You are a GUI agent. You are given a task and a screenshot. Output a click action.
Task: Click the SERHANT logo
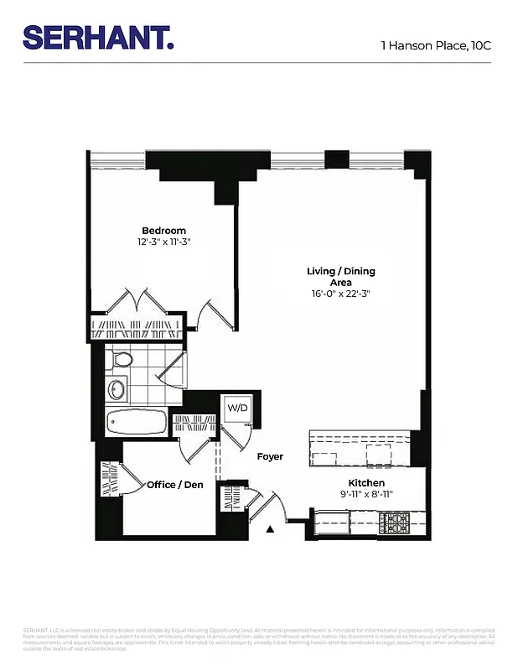[x=98, y=37]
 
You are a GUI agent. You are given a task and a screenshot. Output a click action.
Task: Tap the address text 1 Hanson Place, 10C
[x=435, y=44]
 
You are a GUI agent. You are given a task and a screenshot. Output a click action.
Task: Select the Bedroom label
[x=163, y=231]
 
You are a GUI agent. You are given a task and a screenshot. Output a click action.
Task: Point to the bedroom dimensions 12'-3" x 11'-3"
[x=163, y=242]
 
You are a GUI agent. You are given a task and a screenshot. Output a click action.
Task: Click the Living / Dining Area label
[x=340, y=277]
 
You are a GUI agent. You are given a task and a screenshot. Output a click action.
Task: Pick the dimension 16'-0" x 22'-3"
[x=340, y=294]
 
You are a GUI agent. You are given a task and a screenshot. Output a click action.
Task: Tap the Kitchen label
[x=366, y=483]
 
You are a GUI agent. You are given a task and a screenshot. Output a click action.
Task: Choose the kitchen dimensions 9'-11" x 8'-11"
[x=366, y=494]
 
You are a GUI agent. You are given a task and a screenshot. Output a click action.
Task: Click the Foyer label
[x=270, y=457]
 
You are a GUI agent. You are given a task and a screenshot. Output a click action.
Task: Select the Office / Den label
[x=174, y=485]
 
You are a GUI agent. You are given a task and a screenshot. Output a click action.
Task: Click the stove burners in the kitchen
[x=394, y=523]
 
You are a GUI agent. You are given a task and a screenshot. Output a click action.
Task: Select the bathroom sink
[x=116, y=389]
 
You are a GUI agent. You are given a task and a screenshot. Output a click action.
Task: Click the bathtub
[x=136, y=421]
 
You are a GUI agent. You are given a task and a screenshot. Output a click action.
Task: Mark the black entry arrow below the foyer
[x=270, y=529]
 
